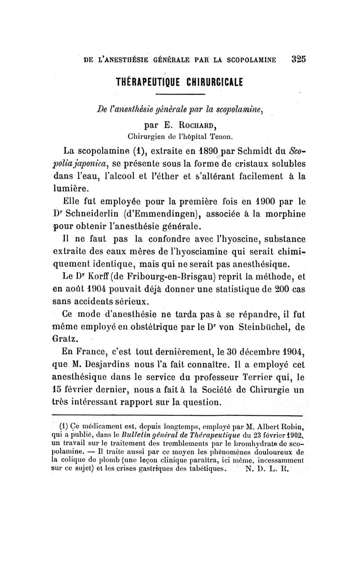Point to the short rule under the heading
(x=180, y=94)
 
